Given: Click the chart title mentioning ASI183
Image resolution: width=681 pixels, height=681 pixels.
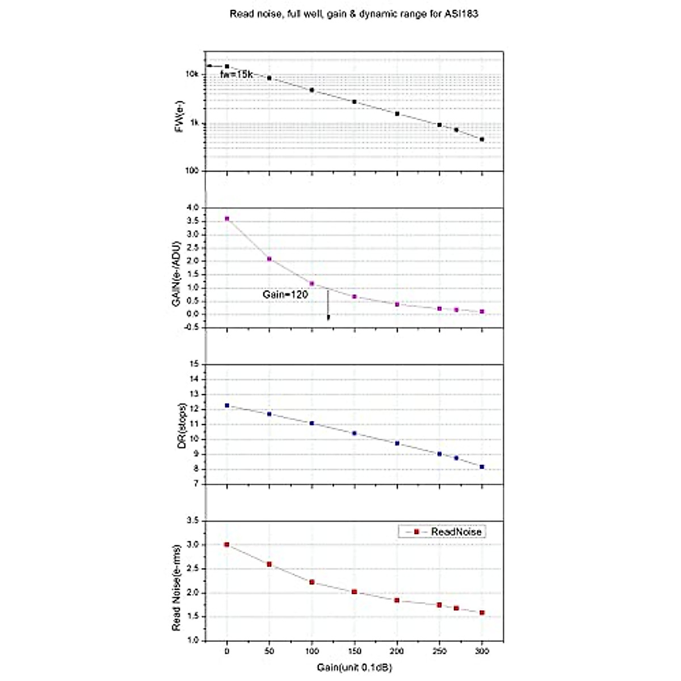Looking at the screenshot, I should click(354, 14).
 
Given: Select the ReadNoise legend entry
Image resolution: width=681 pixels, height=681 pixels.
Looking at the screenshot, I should click(442, 532).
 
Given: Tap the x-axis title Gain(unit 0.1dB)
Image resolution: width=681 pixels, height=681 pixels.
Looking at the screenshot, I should click(354, 667).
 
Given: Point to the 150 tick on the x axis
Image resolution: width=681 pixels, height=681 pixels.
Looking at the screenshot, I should click(354, 651).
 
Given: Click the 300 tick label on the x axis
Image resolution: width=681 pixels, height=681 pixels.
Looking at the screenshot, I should click(482, 651).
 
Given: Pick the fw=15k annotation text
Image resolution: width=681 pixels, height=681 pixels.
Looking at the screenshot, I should click(236, 74).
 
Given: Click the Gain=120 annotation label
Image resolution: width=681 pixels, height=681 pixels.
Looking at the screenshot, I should click(285, 295).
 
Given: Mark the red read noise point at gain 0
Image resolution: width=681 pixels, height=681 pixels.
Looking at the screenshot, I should click(226, 544).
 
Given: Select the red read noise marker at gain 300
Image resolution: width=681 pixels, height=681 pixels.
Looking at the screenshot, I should click(482, 613).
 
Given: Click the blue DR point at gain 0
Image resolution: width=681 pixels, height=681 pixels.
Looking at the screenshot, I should click(227, 405).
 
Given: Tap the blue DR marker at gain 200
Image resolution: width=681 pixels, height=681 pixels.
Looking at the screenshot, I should click(397, 443).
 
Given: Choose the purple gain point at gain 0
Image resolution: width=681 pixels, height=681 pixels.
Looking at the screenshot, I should click(227, 218).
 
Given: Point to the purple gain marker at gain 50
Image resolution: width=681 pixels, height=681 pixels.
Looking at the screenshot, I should click(269, 259).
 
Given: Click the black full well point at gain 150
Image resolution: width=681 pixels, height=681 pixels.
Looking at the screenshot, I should click(354, 102).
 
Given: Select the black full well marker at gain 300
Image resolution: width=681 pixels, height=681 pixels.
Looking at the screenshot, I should click(482, 139).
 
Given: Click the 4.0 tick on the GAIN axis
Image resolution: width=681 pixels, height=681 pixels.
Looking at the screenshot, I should click(192, 208).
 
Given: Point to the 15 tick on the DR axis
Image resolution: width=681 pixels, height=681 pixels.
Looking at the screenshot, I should click(194, 364).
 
